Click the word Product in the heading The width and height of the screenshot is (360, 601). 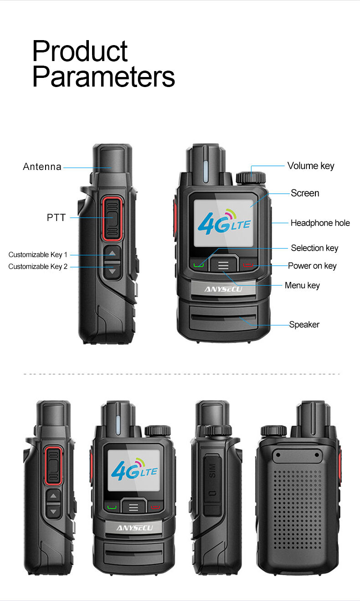tap(80, 51)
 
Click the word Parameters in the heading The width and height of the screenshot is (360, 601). tap(103, 77)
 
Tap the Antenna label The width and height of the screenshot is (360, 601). tap(42, 167)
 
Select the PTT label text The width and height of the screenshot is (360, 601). tap(56, 218)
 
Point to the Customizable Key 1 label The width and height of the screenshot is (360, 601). tap(38, 255)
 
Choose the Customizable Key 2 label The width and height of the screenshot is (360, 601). tap(38, 267)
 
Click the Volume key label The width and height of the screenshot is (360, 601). tap(310, 166)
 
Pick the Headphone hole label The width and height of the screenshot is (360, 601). tap(320, 223)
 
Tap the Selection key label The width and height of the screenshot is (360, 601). tap(314, 248)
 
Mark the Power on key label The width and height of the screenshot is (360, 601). tap(312, 266)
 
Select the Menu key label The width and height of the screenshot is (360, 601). tap(302, 285)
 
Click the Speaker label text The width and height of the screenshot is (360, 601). tap(304, 324)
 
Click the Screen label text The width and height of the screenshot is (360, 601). tap(305, 193)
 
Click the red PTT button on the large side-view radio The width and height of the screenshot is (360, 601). tap(113, 218)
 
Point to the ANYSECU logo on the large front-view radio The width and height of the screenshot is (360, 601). tap(223, 289)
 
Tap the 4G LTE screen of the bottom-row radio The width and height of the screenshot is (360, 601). tap(134, 469)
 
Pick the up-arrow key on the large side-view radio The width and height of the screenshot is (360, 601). tap(113, 253)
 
